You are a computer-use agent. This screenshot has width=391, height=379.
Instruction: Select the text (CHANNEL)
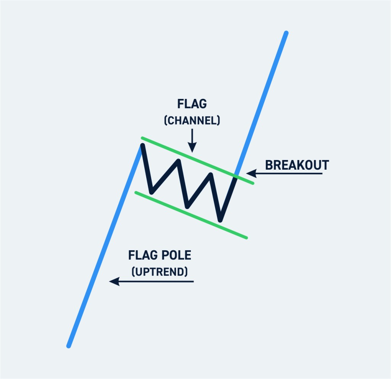[x=192, y=121]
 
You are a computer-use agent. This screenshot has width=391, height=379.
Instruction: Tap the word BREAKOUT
[x=297, y=165]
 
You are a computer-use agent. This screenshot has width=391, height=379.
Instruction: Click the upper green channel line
[x=191, y=158]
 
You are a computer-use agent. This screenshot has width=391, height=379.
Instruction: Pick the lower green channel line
[x=191, y=215]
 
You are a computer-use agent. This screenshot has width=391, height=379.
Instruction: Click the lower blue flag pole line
[x=103, y=248]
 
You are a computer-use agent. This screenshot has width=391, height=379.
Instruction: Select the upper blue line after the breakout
[x=263, y=99]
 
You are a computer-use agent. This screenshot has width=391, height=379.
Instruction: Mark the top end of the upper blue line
[x=286, y=33]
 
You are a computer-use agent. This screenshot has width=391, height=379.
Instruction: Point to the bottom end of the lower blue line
[x=69, y=346]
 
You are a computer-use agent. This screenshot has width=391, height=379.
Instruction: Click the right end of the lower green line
[x=246, y=238]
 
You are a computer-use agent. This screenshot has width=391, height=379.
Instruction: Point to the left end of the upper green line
[x=142, y=138]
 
